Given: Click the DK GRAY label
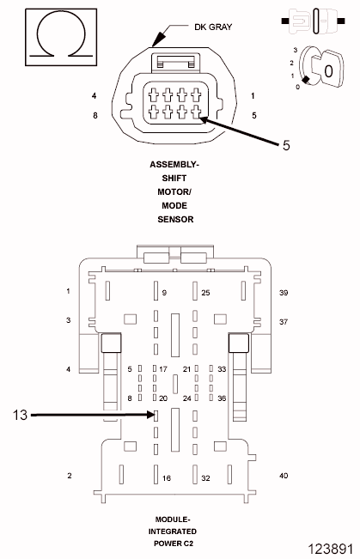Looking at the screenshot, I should pyautogui.click(x=190, y=27).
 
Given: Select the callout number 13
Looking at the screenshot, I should pyautogui.click(x=22, y=415).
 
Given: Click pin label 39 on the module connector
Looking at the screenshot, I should pyautogui.click(x=284, y=293).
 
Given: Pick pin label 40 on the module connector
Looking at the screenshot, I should pyautogui.click(x=284, y=476).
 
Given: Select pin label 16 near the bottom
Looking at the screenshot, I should pyautogui.click(x=166, y=478).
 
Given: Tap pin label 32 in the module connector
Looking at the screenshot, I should pyautogui.click(x=205, y=478).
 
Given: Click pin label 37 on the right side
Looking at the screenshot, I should pyautogui.click(x=284, y=321).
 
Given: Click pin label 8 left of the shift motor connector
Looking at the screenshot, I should pyautogui.click(x=95, y=114).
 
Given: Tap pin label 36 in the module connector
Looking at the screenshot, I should pyautogui.click(x=221, y=398).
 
